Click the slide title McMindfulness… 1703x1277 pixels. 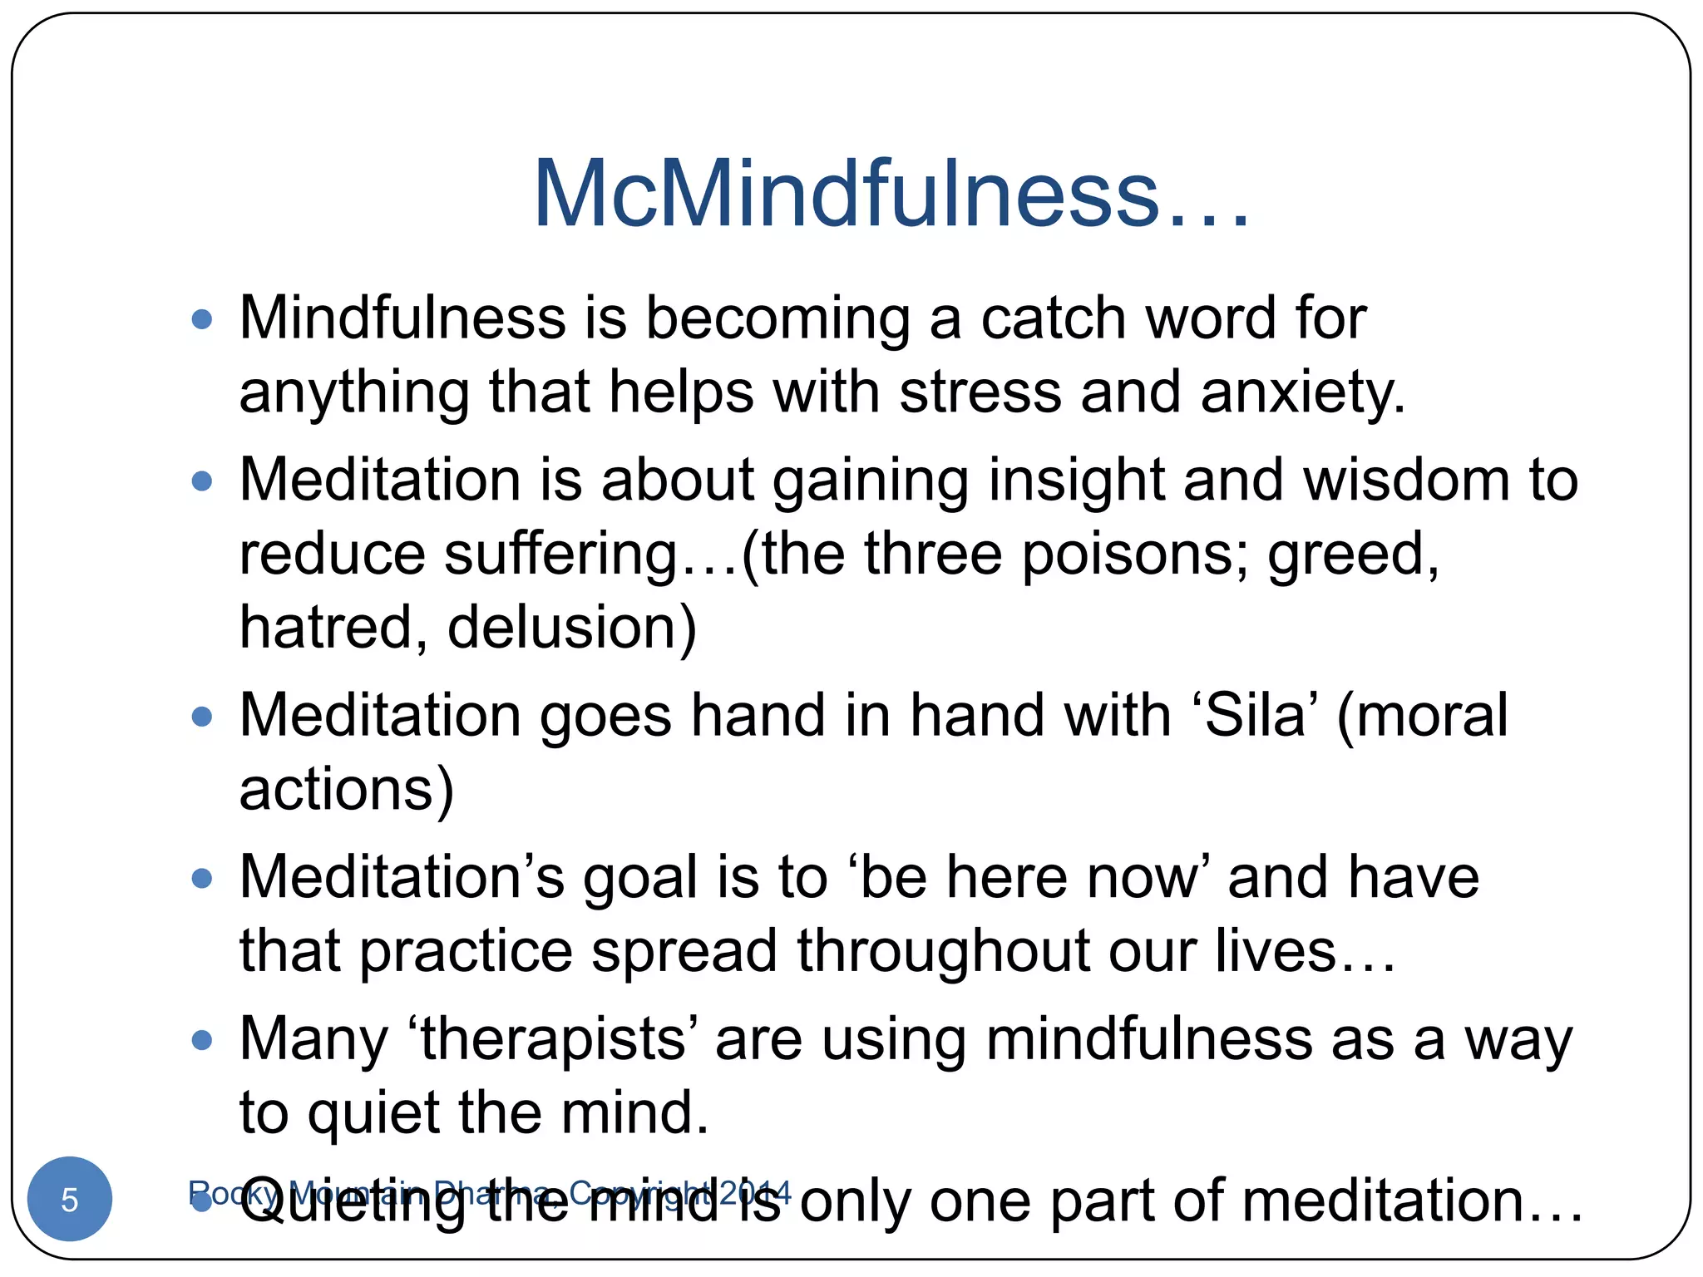(891, 195)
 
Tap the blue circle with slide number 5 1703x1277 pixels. (70, 1199)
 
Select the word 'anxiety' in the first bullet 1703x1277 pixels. (1301, 393)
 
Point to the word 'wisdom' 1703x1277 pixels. (1406, 481)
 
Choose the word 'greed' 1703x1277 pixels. (1352, 556)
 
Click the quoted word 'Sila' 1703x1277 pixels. (1255, 716)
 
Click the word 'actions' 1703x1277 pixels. (337, 789)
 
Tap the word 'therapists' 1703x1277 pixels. (554, 1040)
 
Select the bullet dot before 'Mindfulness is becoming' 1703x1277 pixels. (202, 319)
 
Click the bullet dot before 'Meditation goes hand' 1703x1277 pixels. (202, 717)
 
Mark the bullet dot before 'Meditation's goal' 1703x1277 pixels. (202, 878)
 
